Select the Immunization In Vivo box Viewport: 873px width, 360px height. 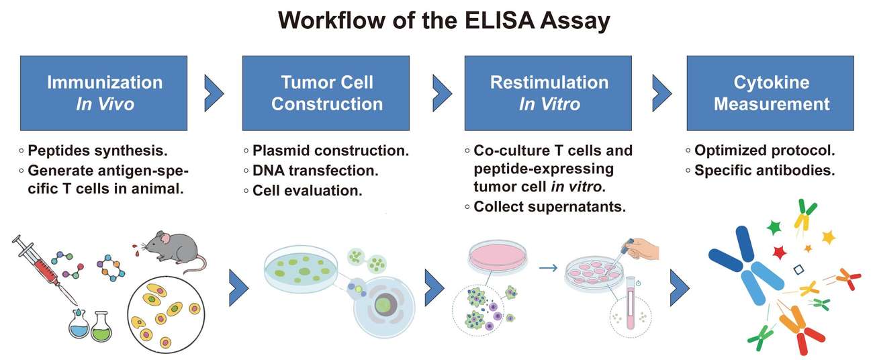(x=105, y=93)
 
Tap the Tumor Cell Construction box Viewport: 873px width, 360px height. (x=326, y=93)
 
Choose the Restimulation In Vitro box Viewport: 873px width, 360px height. (x=548, y=93)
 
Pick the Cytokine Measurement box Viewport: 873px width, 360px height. (x=770, y=93)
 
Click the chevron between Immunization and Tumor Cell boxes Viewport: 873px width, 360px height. (x=214, y=88)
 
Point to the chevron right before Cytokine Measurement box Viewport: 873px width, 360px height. (x=661, y=88)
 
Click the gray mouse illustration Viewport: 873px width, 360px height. (x=176, y=250)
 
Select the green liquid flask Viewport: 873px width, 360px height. (x=101, y=326)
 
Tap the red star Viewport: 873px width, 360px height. (x=780, y=253)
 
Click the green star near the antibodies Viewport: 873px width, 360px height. (x=774, y=227)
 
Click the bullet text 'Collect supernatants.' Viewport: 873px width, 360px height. (x=549, y=206)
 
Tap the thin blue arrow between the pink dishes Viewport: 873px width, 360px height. (x=548, y=268)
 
